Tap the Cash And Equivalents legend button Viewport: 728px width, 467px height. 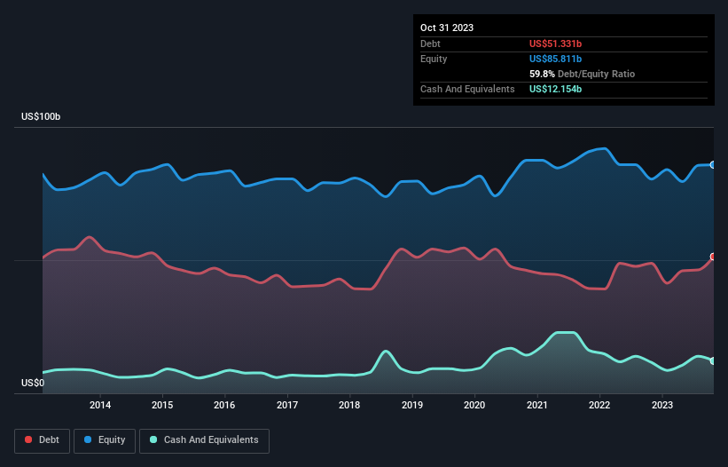[x=204, y=440]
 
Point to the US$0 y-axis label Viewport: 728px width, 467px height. [x=35, y=384]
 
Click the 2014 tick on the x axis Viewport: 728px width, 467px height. [x=100, y=406]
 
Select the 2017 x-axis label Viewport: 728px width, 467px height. [x=287, y=406]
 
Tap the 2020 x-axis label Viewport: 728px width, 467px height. [x=475, y=406]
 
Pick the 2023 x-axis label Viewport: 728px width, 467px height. [x=662, y=406]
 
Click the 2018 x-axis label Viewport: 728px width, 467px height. [x=349, y=406]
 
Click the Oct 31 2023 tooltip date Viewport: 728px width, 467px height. [x=447, y=28]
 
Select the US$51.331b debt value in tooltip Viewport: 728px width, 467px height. [x=561, y=44]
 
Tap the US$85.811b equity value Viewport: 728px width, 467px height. [x=561, y=59]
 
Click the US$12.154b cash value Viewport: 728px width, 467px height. [x=556, y=89]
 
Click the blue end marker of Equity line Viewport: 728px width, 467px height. [x=713, y=165]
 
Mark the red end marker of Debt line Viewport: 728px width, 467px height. [x=713, y=257]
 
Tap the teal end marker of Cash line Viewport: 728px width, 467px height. [x=713, y=360]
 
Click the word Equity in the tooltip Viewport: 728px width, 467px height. [x=434, y=59]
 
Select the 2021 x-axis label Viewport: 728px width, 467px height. [x=537, y=406]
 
